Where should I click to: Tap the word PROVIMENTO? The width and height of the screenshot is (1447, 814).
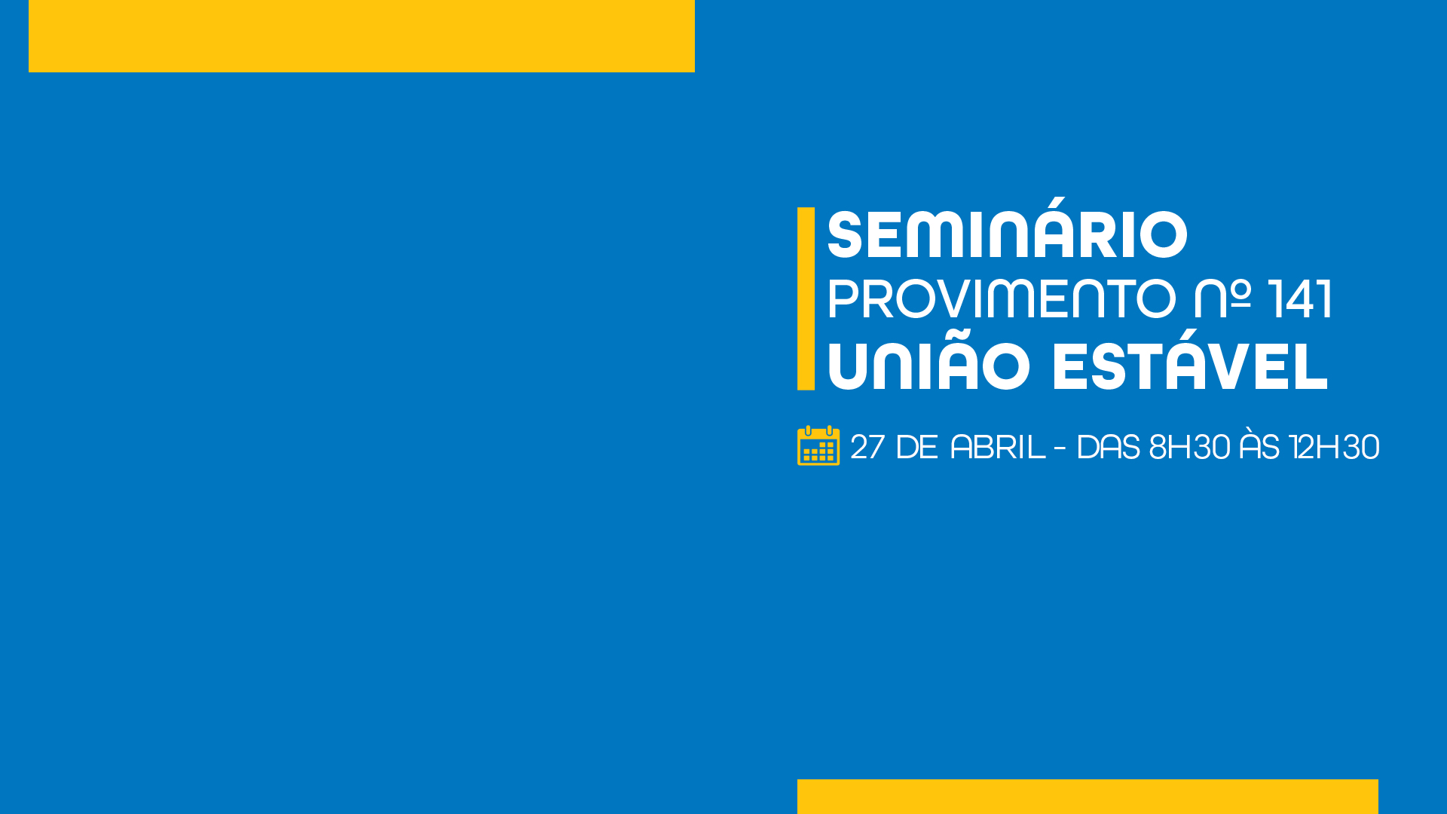[x=1002, y=299]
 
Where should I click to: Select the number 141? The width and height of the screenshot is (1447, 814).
[x=1300, y=299]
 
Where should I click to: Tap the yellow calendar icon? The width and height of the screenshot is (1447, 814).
[x=818, y=445]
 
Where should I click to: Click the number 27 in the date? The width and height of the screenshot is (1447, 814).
[x=867, y=447]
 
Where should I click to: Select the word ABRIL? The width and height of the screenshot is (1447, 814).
[x=998, y=447]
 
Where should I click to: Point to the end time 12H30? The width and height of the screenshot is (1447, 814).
[x=1334, y=447]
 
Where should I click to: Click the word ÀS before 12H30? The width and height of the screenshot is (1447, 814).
[x=1259, y=444]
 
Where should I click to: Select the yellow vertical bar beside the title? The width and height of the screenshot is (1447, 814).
[x=806, y=298]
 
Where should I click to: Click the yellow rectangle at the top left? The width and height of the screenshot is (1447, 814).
[x=362, y=36]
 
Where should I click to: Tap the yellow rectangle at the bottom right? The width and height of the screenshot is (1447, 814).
[x=1088, y=797]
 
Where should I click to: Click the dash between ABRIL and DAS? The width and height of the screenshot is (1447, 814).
[x=1060, y=448]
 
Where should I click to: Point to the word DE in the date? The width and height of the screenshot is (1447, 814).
[x=917, y=447]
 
